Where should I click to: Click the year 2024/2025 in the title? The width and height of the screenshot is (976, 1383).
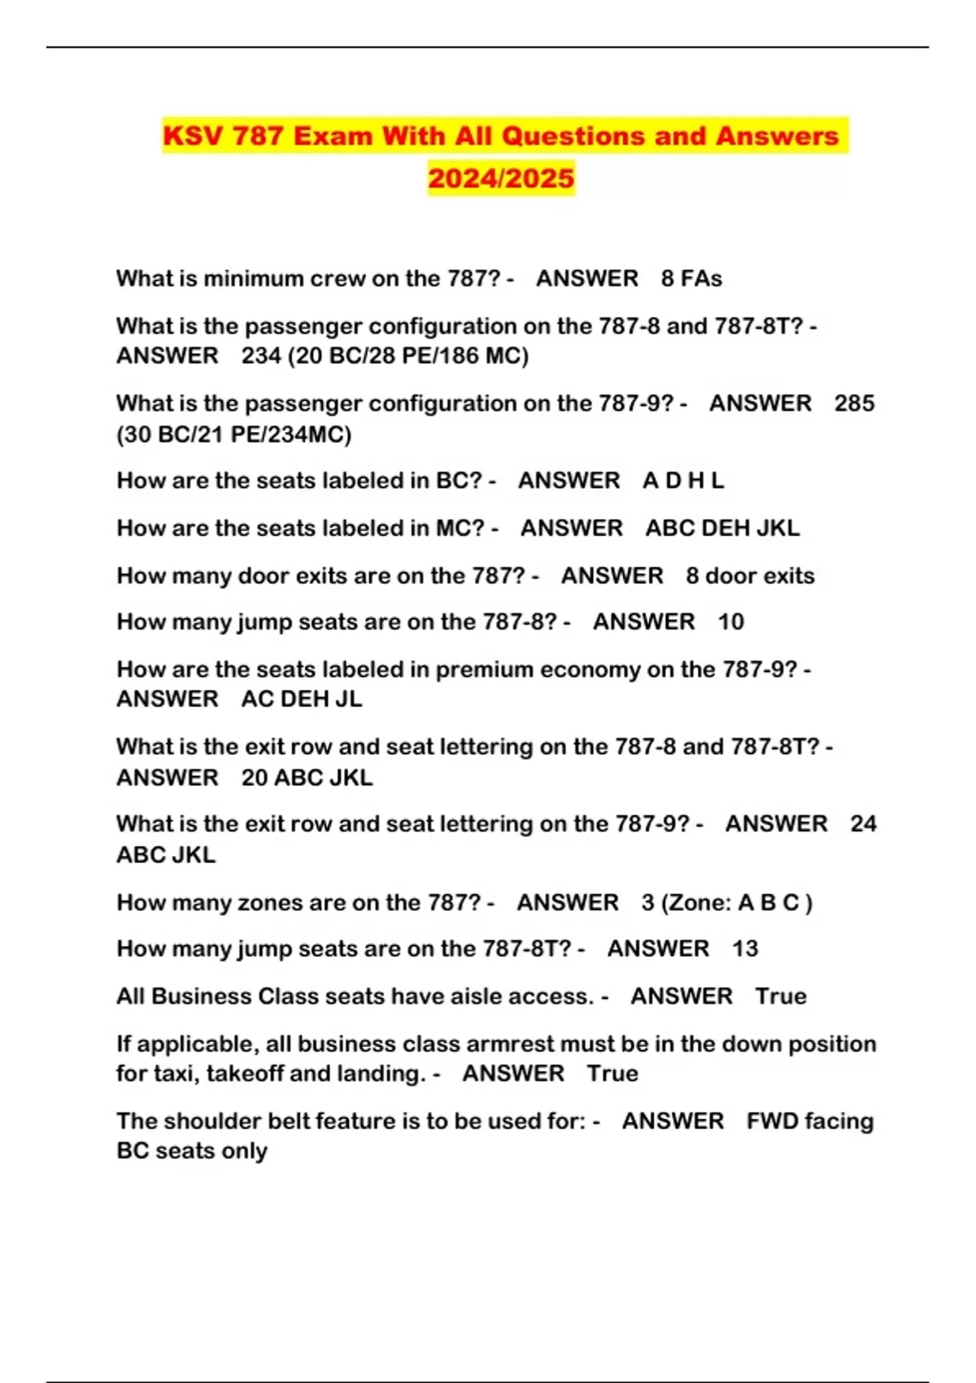(501, 177)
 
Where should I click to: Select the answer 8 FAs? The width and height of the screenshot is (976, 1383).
(691, 278)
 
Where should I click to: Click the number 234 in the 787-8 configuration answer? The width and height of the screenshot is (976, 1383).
(261, 356)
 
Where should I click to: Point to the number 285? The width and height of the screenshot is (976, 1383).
(854, 403)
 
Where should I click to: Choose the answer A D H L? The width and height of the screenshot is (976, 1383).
(683, 480)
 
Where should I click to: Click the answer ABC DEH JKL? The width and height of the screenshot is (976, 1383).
(722, 528)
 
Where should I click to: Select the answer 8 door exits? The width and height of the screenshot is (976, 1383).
(750, 575)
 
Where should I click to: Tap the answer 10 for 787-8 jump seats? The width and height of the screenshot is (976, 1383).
(730, 622)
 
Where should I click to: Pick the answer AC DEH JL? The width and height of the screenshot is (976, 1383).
(302, 699)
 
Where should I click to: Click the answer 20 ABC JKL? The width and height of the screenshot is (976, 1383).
(307, 777)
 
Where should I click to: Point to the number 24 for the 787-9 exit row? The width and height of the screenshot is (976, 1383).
(863, 823)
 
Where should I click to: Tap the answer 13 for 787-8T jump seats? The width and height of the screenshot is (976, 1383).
(745, 949)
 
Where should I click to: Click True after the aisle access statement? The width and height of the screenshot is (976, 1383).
(781, 996)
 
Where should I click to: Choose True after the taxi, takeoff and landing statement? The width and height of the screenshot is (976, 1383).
(612, 1073)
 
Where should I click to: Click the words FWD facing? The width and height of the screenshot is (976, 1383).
(810, 1120)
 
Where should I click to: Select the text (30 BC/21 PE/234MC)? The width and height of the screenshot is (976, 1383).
(234, 434)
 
